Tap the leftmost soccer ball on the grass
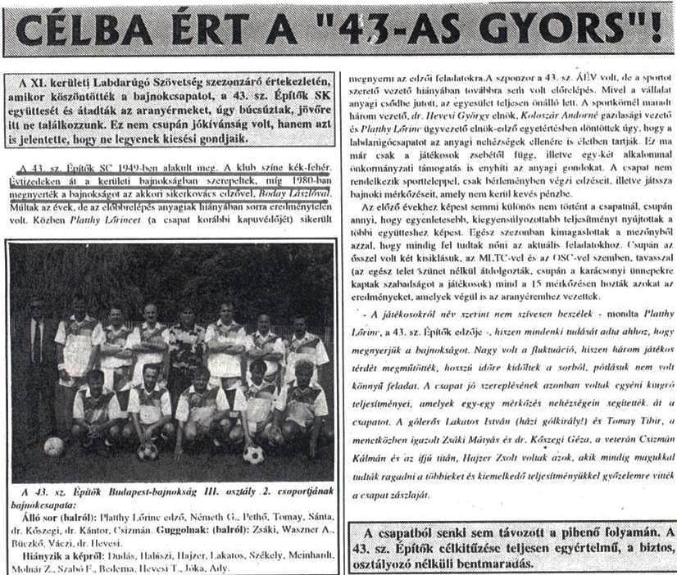(54, 446)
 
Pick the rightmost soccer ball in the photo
(253, 454)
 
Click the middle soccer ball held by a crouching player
(148, 450)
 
